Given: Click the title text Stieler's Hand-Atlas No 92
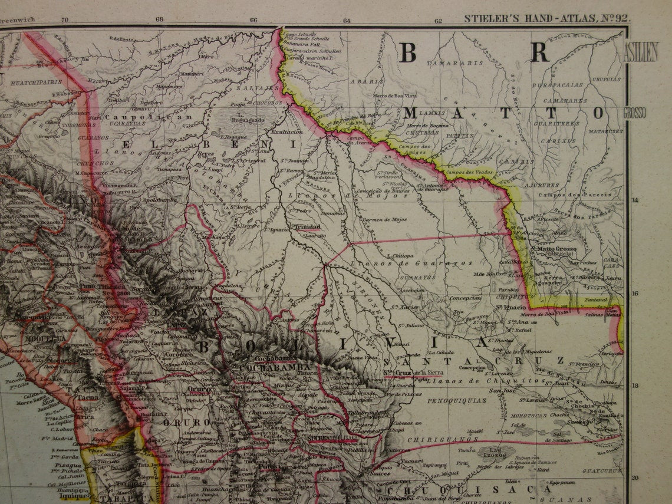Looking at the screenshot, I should tap(547, 18).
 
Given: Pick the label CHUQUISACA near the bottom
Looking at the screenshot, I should tap(469, 489).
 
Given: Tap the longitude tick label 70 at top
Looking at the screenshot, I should tap(65, 19).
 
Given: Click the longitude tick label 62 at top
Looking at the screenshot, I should tap(438, 20).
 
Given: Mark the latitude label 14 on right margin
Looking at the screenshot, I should tap(634, 200).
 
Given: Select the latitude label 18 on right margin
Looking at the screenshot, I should tap(634, 386).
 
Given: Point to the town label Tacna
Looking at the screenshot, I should tap(89, 397).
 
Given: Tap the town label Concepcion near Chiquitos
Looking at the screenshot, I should tap(466, 298).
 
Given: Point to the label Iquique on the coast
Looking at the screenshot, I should tap(73, 496).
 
